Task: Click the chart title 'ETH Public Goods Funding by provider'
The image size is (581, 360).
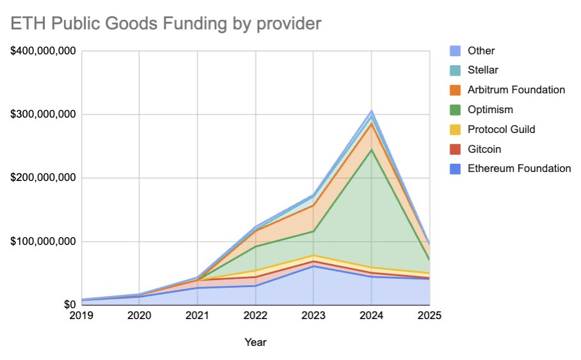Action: coord(164,24)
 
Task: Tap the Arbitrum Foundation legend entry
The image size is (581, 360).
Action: coord(516,90)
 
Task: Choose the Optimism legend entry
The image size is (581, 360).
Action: coord(489,109)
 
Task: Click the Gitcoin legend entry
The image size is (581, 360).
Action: coord(484,149)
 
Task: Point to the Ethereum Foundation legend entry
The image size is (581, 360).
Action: coord(519,169)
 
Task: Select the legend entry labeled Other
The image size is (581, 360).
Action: coord(481,51)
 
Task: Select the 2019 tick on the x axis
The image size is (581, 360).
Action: coord(81,315)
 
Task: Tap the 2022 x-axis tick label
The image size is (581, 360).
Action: coord(255,315)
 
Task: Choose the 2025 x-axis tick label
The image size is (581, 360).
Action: coord(429,315)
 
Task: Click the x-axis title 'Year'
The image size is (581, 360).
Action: coord(255,342)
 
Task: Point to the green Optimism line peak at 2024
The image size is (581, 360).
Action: coord(372,150)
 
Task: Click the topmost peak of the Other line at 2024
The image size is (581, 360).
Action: coord(372,111)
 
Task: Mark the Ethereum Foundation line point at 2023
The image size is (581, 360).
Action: coord(314,266)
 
